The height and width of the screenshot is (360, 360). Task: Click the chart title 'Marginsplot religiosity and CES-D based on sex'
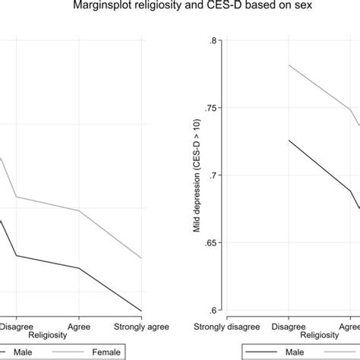180,8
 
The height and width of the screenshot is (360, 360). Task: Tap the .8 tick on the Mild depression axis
213,41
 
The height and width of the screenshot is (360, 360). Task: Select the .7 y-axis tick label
213,175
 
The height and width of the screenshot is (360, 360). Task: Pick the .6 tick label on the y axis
213,310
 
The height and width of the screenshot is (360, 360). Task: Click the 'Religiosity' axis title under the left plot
49,334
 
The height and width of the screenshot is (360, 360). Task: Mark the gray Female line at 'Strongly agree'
141,258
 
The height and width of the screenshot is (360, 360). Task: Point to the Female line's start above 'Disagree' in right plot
289,65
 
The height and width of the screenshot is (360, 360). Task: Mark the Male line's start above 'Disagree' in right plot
289,140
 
